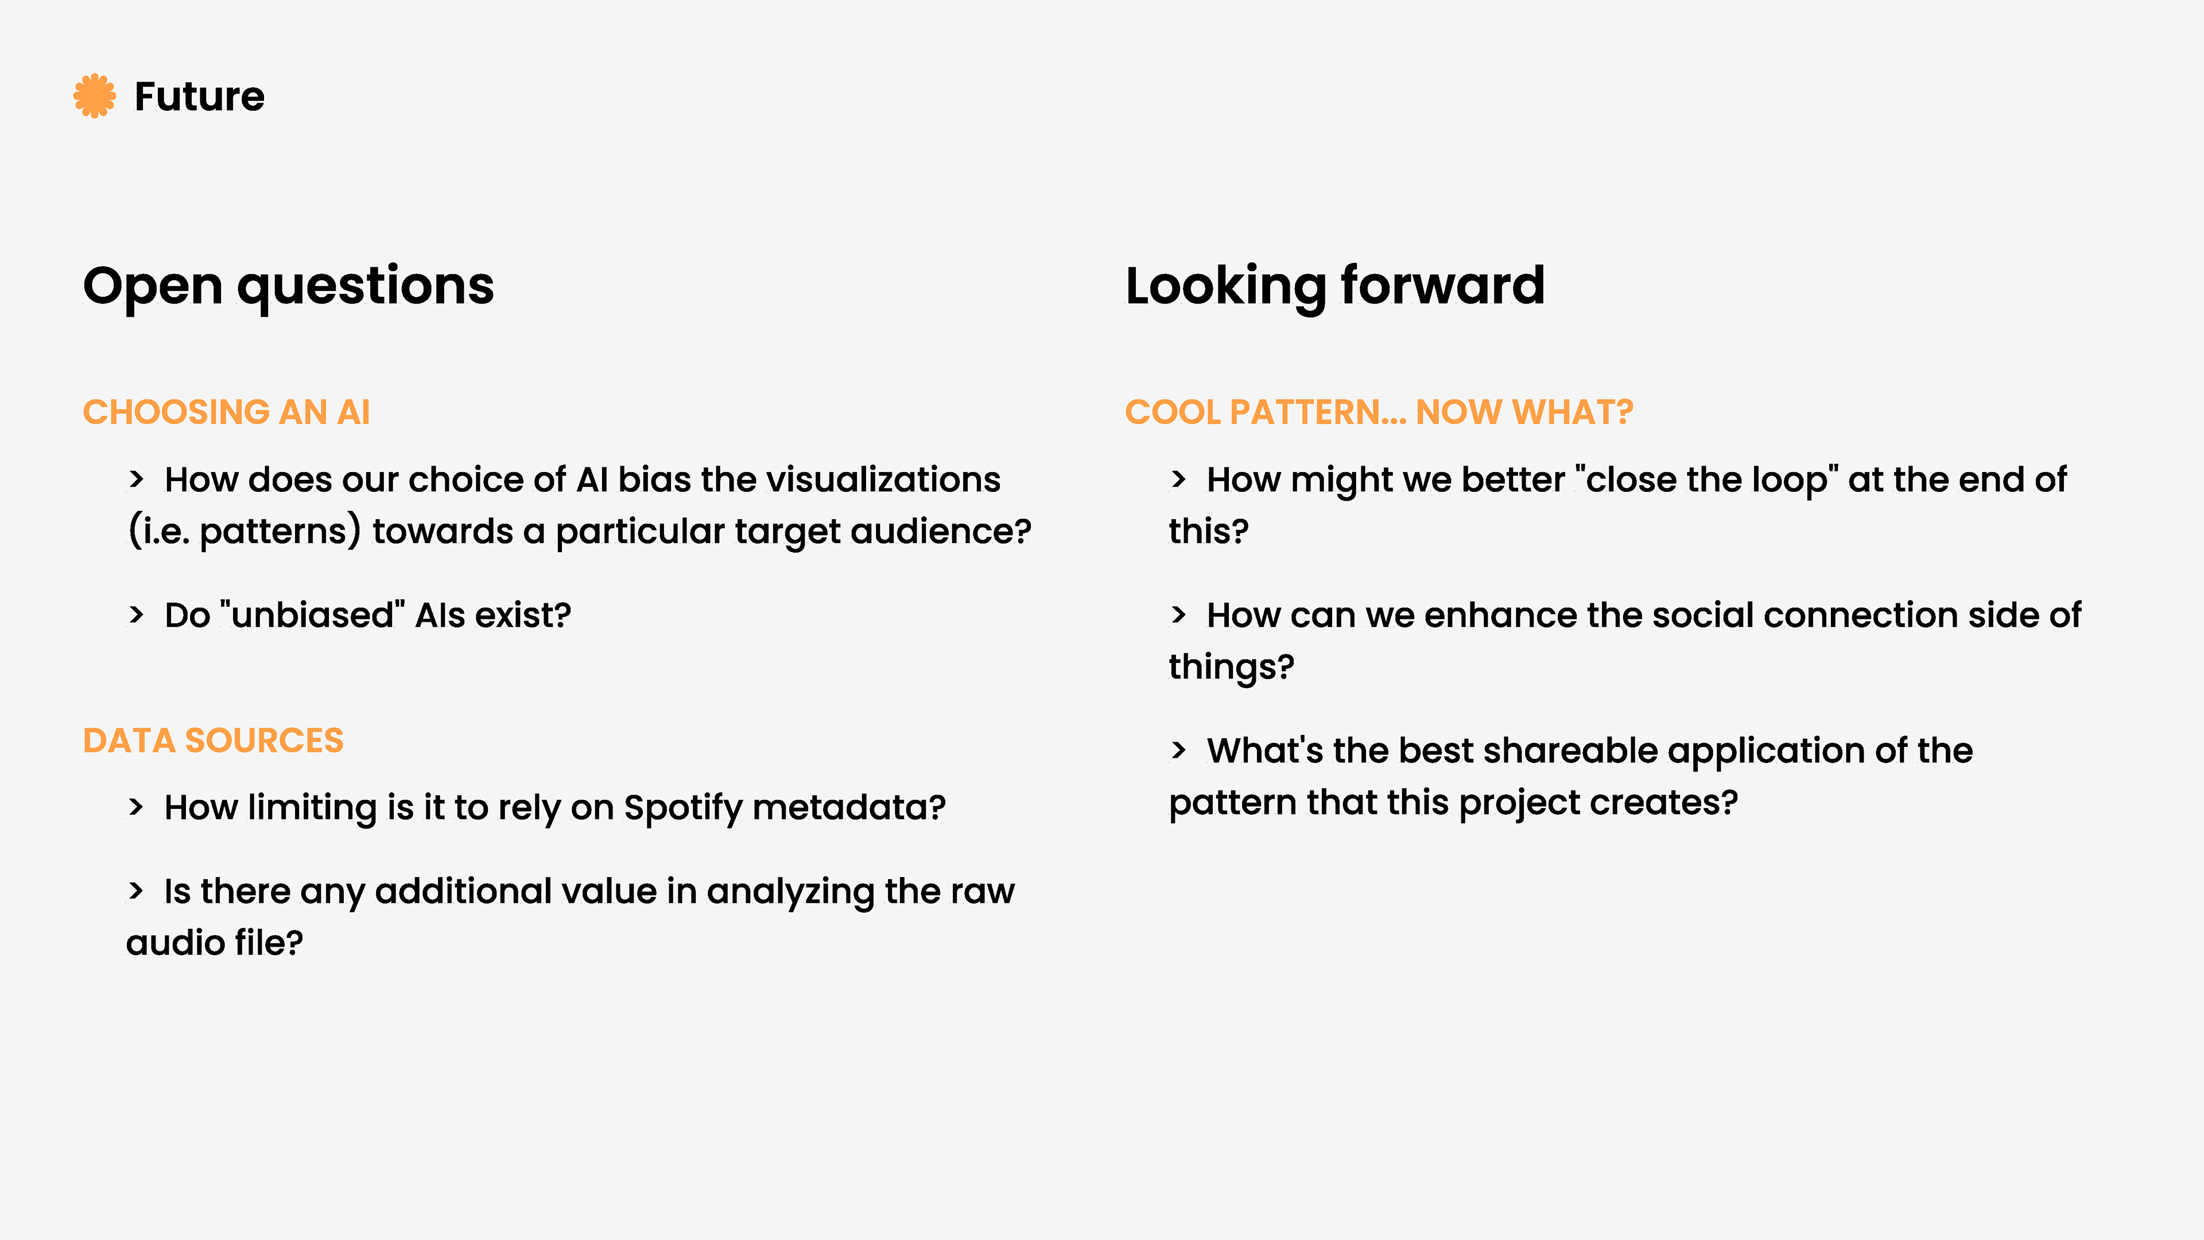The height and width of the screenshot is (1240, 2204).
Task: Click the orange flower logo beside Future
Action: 94,96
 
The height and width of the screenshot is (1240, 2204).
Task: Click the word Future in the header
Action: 199,96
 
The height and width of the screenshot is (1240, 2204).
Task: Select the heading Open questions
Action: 288,286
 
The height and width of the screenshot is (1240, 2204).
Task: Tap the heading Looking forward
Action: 1334,286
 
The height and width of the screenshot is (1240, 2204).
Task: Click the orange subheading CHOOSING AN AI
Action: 226,413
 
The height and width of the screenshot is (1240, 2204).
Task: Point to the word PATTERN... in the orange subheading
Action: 1318,413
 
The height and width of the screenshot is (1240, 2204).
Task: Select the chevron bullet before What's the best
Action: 1178,750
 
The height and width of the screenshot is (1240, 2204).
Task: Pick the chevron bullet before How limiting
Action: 136,807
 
